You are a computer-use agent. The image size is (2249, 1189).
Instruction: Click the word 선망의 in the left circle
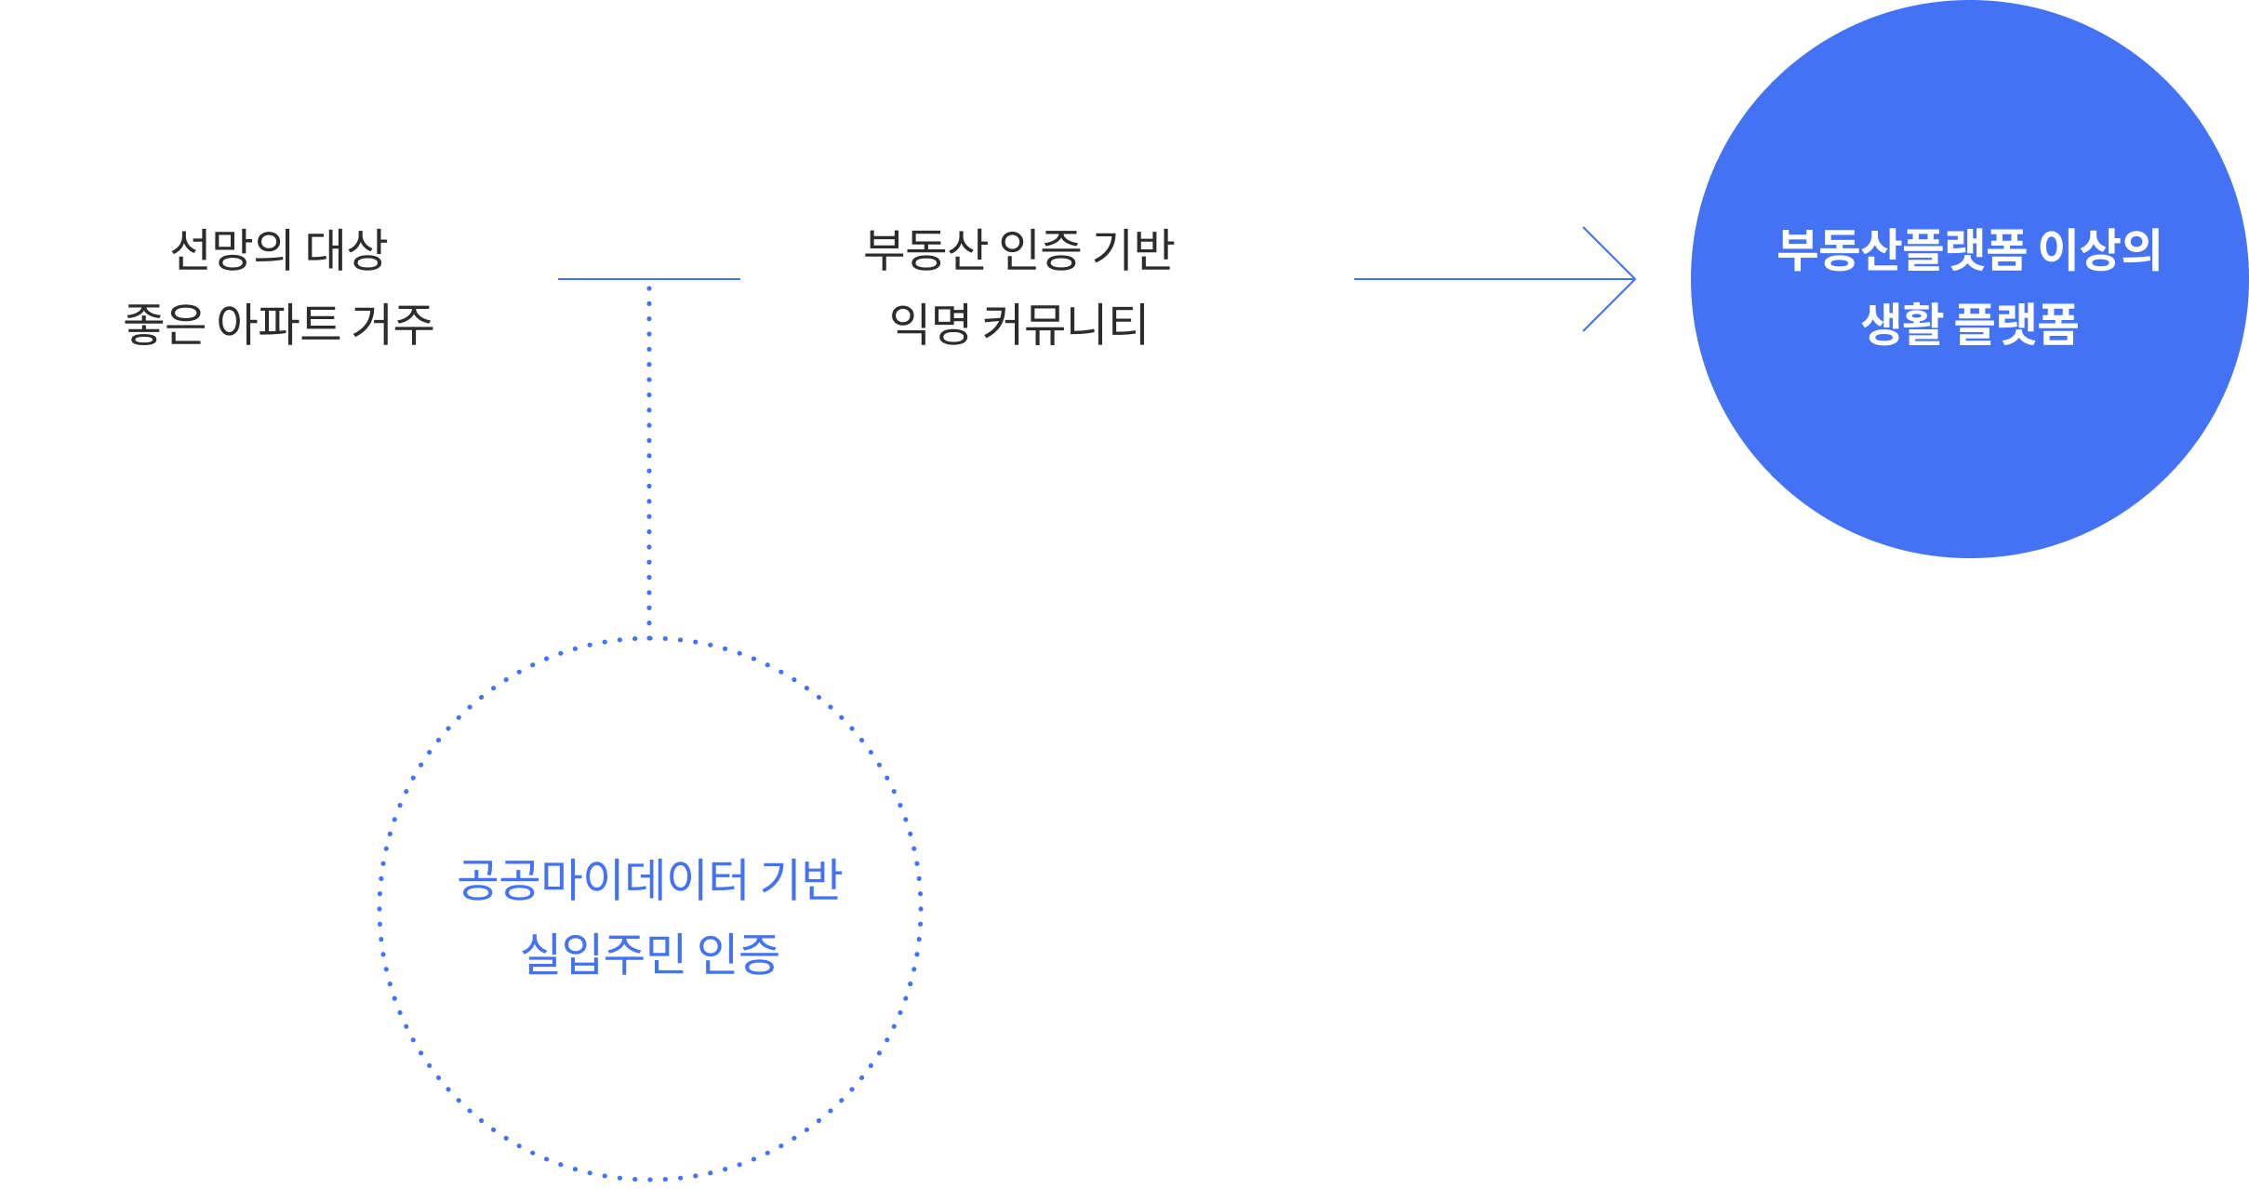pos(233,250)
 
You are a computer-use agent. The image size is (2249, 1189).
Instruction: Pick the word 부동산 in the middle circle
pos(925,250)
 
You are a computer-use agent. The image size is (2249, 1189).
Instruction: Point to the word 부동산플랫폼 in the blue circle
pos(1901,250)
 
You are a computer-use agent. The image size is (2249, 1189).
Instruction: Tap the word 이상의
pos(2100,250)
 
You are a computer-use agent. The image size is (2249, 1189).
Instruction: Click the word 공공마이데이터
pos(603,879)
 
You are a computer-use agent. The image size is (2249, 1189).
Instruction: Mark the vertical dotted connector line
pos(649,456)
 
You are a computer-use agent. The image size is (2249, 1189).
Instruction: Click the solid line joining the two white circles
pos(648,278)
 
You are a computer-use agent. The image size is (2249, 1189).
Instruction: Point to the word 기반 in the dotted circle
pos(802,879)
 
